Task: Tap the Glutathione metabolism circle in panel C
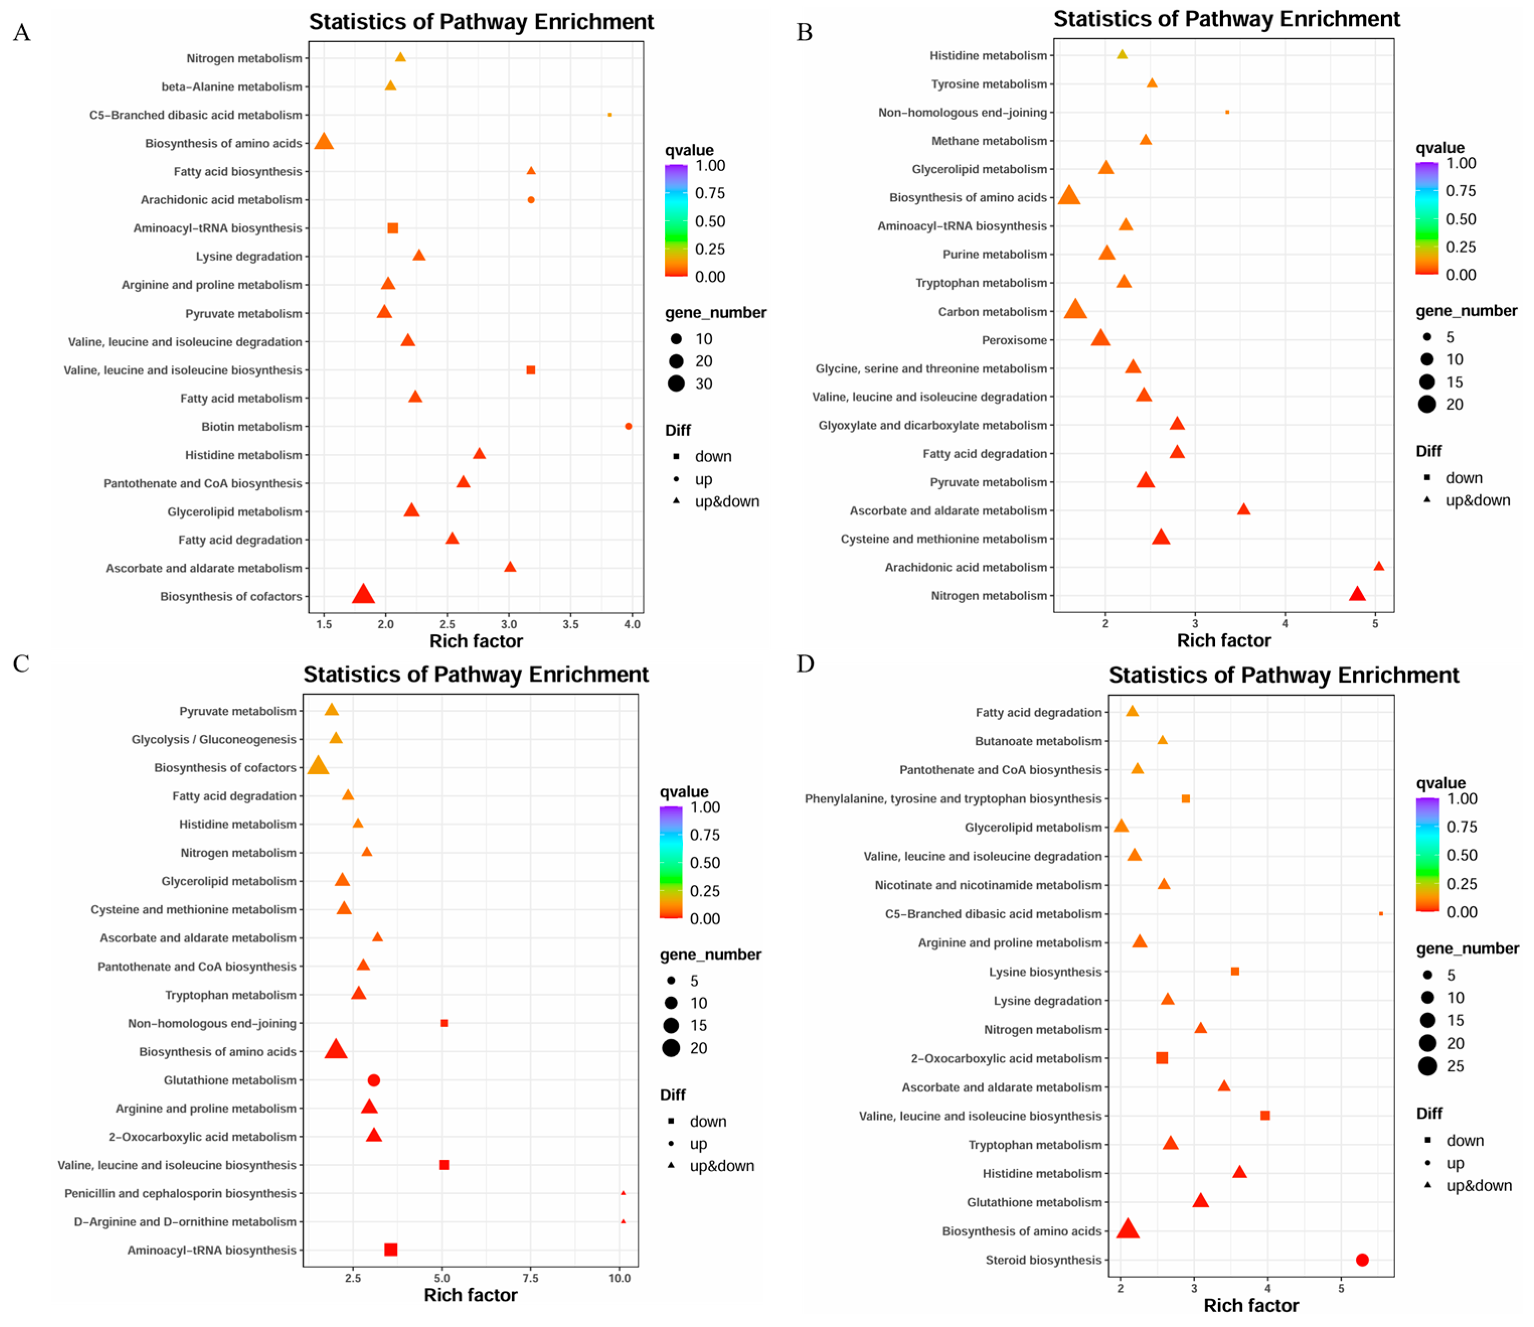pos(374,1081)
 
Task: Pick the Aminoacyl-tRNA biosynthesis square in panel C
pos(391,1250)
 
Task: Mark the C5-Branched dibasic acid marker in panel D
pos(1381,914)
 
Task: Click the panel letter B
pos(804,33)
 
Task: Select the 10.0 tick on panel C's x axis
pos(620,1278)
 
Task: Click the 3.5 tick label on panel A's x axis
pos(570,624)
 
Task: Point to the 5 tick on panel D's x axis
pos(1341,1288)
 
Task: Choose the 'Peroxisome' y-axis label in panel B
pos(1014,341)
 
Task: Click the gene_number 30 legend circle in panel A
pos(676,384)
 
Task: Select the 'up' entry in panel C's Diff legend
pos(698,1144)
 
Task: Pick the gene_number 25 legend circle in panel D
pos(1427,1066)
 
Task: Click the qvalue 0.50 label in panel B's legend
pos(1461,219)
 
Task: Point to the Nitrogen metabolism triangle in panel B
pos(1357,595)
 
